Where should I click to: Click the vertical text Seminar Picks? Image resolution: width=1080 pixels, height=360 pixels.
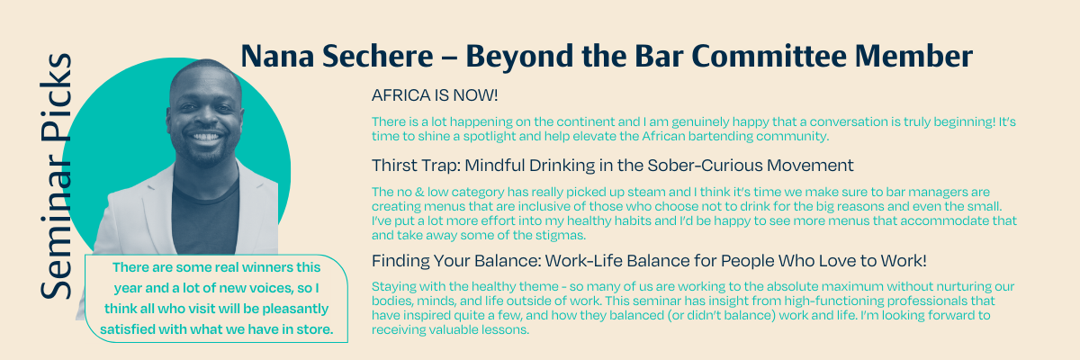[x=57, y=175]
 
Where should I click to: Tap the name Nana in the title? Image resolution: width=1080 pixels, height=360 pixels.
[x=277, y=56]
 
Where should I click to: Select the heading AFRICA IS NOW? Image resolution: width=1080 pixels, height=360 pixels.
[x=435, y=95]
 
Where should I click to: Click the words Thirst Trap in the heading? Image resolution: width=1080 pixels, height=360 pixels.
[x=416, y=166]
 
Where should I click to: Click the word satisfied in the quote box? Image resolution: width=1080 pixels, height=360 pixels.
[x=128, y=329]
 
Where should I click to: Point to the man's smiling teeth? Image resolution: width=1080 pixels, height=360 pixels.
[x=206, y=137]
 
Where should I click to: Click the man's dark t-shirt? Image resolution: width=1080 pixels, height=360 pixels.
[x=205, y=217]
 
